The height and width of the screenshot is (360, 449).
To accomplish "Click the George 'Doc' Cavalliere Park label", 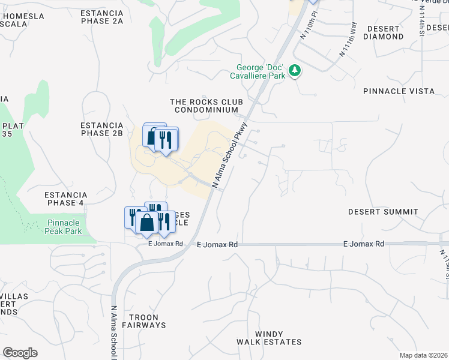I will click(x=258, y=71).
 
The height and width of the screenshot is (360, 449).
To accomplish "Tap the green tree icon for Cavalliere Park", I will click(x=295, y=71).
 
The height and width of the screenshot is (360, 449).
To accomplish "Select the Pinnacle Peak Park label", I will click(x=65, y=227).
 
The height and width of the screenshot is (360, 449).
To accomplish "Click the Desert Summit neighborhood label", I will click(x=383, y=212).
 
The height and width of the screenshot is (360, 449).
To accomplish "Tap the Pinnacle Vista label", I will click(x=399, y=91).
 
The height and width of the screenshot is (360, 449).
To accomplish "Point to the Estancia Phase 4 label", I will click(x=66, y=199).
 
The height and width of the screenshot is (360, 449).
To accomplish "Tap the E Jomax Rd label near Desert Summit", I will click(x=364, y=244).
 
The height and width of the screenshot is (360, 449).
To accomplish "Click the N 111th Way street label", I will click(x=348, y=40).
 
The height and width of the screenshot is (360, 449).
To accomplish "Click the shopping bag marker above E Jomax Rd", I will click(x=146, y=224).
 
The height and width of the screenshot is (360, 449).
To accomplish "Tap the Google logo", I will click(x=20, y=353).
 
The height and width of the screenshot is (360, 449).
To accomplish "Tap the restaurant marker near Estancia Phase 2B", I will click(x=165, y=140).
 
